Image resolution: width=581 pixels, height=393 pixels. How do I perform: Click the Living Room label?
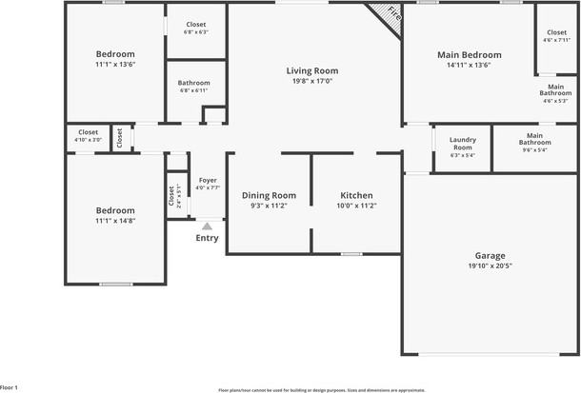coord(313,70)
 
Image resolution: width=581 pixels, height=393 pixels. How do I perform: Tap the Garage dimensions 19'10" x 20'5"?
coord(490,267)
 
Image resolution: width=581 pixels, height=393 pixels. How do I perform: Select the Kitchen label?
coord(356,195)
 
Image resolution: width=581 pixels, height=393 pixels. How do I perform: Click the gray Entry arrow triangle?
coord(207,226)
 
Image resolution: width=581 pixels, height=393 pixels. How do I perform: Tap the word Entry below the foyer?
coord(207,238)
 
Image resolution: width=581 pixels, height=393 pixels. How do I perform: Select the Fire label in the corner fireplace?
coord(392,15)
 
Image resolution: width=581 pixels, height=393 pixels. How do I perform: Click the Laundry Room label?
coord(462,143)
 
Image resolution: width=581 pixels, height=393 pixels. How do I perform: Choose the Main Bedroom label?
coord(469,55)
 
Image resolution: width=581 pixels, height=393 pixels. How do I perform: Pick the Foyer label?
coord(207,179)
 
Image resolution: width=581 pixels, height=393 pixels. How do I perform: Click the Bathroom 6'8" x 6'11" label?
coord(194,83)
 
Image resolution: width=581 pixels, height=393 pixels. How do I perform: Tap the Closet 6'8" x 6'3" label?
coord(195,24)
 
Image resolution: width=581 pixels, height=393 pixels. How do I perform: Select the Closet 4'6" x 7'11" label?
coord(556,32)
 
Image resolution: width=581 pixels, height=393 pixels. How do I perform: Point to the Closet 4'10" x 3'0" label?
coord(88,132)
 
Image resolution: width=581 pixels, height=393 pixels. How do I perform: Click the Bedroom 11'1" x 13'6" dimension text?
coord(115,66)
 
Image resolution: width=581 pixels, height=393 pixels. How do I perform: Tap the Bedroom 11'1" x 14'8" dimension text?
coord(115,222)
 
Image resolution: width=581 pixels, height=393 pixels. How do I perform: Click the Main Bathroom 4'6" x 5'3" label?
coord(555,92)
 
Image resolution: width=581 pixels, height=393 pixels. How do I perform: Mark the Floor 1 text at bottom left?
coord(9,387)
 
